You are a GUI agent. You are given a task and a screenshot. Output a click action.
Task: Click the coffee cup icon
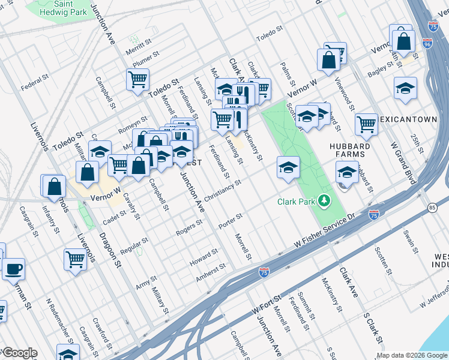[x=13, y=268]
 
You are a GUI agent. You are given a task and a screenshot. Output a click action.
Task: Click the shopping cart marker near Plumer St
[x=137, y=79]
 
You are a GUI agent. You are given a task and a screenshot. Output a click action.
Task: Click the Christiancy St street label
[x=222, y=191]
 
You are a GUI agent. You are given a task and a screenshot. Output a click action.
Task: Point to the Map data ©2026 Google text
[x=412, y=355]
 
